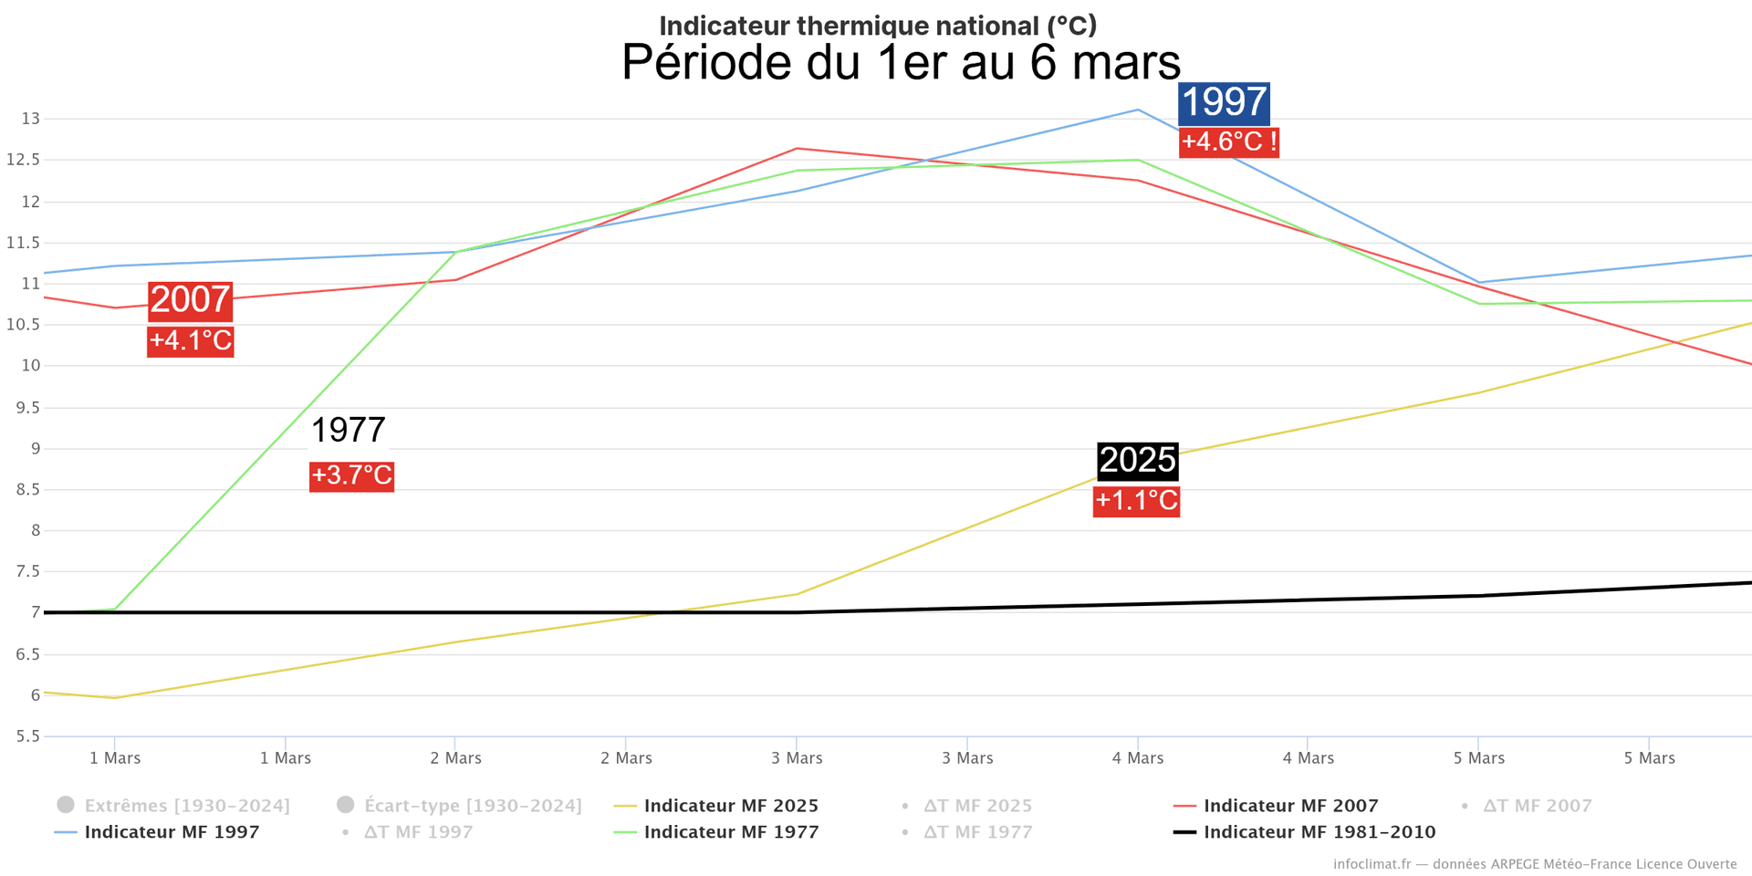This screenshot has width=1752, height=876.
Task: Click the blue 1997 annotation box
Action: (x=1224, y=102)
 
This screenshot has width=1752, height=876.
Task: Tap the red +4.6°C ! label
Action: (x=1228, y=142)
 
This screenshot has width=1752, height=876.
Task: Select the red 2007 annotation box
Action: (x=190, y=300)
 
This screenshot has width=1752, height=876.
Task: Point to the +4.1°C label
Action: (x=190, y=341)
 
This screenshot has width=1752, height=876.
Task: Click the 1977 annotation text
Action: (x=349, y=430)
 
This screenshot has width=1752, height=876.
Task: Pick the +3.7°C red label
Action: (x=351, y=475)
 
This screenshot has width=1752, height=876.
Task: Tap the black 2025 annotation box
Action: (x=1137, y=461)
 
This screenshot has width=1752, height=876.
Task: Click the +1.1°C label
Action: (x=1136, y=501)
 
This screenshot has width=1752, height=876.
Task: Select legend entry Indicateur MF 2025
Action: (x=730, y=806)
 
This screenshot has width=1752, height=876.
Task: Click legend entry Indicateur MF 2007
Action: (x=1290, y=806)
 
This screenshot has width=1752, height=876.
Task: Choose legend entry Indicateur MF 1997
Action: (x=172, y=832)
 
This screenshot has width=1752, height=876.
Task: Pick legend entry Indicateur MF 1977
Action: (x=731, y=832)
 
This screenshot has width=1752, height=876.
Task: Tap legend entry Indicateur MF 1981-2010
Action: (x=1319, y=832)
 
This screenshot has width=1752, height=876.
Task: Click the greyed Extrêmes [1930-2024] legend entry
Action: (x=186, y=806)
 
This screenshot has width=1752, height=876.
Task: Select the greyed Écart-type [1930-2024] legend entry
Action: (x=472, y=806)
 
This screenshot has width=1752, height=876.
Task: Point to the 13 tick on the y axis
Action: (x=30, y=119)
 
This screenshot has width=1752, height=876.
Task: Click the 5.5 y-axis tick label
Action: (x=27, y=736)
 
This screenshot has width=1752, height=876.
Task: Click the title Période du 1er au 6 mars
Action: (x=901, y=62)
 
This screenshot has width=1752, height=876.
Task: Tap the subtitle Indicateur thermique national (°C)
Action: (x=878, y=26)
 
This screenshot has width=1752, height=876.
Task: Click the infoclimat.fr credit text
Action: (x=1534, y=864)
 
